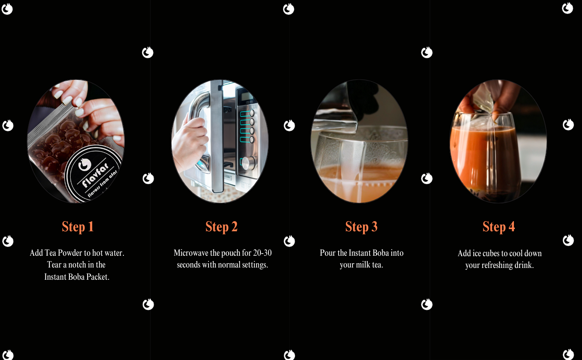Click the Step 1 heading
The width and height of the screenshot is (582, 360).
tap(77, 226)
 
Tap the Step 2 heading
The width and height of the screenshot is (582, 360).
tap(221, 226)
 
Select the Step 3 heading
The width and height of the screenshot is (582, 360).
tap(361, 226)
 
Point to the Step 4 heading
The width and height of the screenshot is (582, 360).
tap(499, 226)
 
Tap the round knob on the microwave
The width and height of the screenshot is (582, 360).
tap(249, 163)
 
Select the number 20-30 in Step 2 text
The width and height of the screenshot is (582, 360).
tap(262, 253)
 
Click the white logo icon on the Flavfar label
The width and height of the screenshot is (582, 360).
tap(85, 165)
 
